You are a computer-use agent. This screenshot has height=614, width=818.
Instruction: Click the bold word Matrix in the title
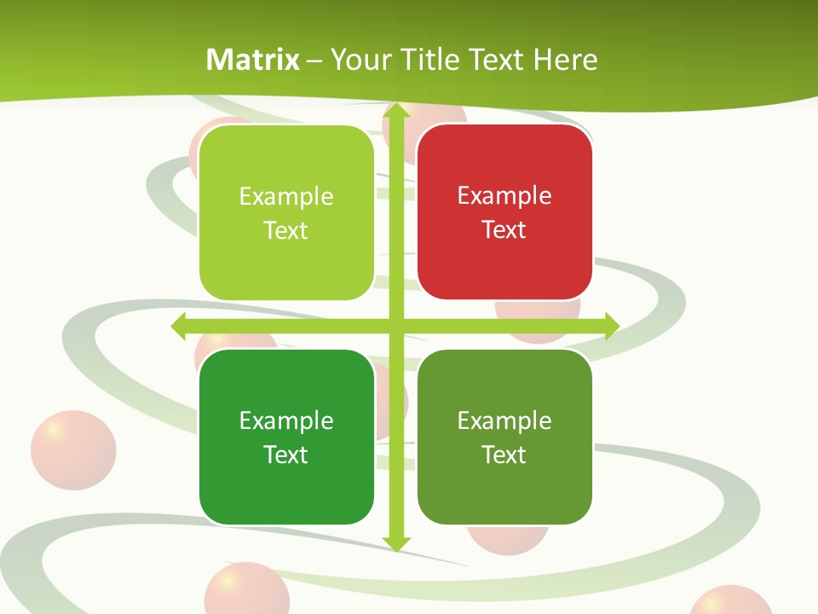(253, 60)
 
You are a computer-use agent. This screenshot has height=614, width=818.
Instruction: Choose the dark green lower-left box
(286, 486)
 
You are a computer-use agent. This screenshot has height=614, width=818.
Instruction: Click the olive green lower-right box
(504, 486)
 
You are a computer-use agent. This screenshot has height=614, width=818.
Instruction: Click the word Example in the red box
(504, 195)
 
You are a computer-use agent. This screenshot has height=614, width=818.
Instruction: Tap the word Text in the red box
(504, 229)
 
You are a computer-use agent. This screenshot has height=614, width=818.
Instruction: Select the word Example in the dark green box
(286, 420)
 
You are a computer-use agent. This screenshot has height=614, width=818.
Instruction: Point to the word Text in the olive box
(504, 455)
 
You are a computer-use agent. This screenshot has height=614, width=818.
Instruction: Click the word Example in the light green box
(286, 196)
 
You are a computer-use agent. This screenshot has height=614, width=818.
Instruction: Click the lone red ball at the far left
(73, 451)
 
